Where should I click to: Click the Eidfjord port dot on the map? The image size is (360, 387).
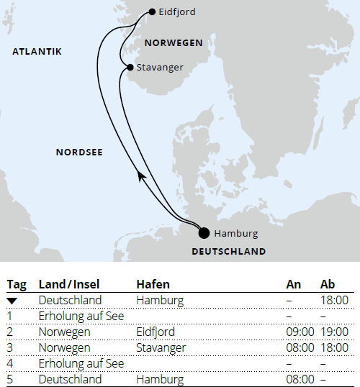(152, 12)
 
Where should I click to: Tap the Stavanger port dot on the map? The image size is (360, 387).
(130, 68)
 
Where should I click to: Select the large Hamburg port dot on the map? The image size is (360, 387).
(204, 232)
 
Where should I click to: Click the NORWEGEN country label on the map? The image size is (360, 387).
(174, 43)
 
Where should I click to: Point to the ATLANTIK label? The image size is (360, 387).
(37, 51)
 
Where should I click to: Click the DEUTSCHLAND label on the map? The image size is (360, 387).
(229, 251)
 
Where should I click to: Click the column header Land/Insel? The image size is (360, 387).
(68, 284)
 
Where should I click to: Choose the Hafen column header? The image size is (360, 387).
(153, 284)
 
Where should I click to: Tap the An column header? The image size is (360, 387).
(293, 284)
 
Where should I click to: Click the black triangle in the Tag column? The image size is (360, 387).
(12, 300)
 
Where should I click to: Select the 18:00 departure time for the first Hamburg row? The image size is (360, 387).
(334, 300)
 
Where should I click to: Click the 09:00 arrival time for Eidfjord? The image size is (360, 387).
(300, 332)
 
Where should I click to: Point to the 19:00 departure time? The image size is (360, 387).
(334, 332)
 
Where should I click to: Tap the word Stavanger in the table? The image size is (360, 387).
(161, 347)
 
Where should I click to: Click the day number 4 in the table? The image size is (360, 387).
(11, 363)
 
